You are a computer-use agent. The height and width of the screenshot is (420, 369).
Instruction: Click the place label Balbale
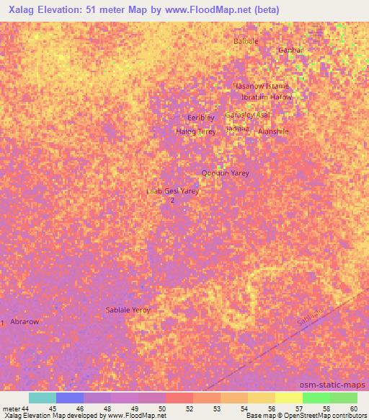[246, 41]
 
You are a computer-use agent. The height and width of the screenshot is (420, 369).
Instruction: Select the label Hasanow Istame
[261, 86]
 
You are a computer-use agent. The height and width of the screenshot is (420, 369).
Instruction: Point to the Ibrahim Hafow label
[267, 97]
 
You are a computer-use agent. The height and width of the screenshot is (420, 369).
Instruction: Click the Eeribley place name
[201, 118]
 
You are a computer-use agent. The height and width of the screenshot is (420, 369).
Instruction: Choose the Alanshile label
[273, 131]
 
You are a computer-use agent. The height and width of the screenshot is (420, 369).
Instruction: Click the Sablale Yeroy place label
[128, 310]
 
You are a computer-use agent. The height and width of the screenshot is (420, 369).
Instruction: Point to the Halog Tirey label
[196, 131]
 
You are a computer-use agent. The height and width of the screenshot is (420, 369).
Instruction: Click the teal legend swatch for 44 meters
[42, 398]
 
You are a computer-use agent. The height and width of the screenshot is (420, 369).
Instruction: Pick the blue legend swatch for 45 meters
[70, 398]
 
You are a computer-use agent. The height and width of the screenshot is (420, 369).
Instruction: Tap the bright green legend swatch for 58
[316, 398]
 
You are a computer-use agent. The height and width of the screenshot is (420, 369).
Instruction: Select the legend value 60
[353, 408]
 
